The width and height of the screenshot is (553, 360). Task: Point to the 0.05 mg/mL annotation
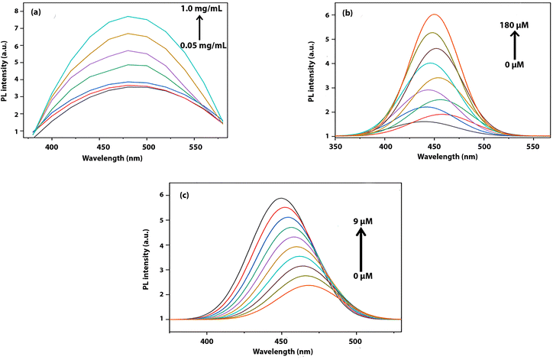click(x=200, y=45)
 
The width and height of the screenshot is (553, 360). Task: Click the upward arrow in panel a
click(x=198, y=28)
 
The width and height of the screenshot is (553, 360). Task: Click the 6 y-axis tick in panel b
click(x=326, y=15)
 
